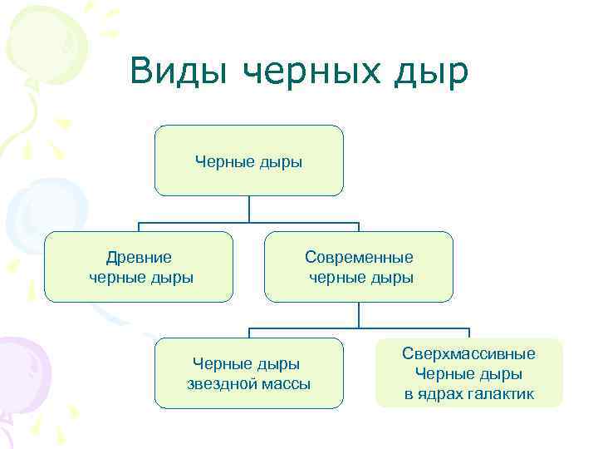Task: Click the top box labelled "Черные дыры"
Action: [248, 160]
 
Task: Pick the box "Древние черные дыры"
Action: [139, 266]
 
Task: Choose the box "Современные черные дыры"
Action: [359, 266]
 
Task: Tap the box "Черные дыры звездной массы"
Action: [248, 373]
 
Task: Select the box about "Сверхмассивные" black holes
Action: [469, 373]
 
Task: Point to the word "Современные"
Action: [359, 258]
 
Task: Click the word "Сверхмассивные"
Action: [469, 354]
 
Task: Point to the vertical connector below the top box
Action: [248, 209]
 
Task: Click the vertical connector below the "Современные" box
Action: [359, 314]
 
